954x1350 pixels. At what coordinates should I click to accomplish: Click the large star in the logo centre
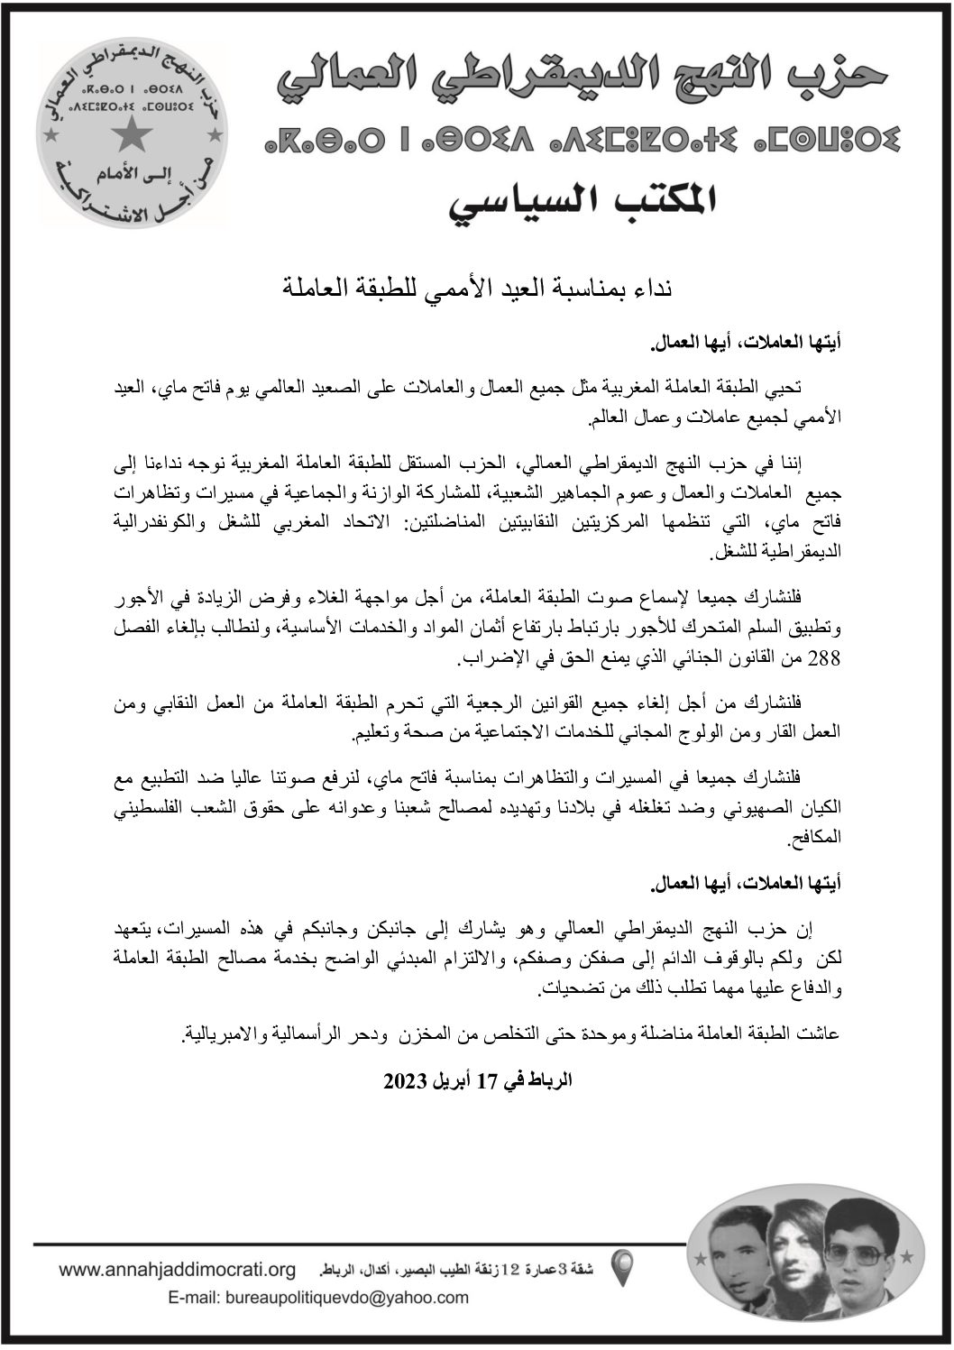click(x=133, y=135)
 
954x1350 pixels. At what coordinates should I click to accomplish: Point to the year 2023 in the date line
click(x=404, y=1080)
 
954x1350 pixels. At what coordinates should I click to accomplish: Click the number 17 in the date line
click(x=487, y=1080)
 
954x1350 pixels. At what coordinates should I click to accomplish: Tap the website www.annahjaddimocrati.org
click(x=178, y=1271)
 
